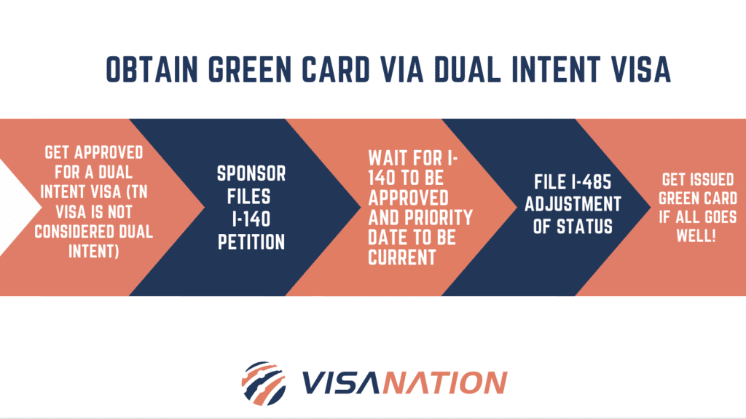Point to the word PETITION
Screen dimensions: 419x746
click(251, 242)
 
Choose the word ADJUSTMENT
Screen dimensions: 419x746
click(573, 204)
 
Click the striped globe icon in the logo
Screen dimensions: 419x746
click(264, 381)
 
